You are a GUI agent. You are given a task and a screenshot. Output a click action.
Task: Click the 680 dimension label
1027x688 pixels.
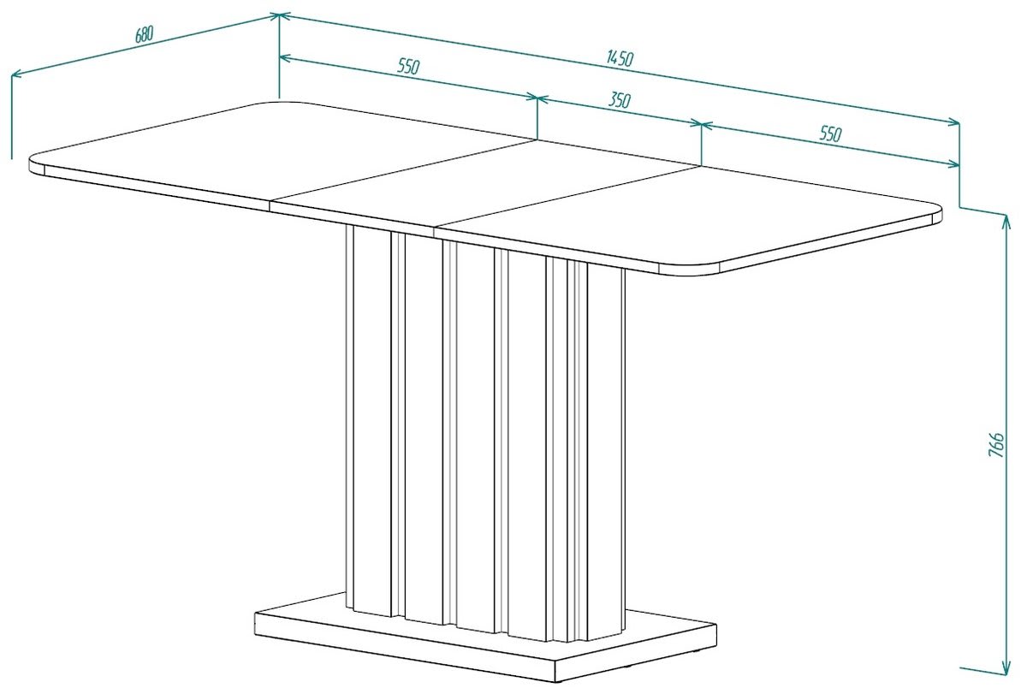(x=144, y=35)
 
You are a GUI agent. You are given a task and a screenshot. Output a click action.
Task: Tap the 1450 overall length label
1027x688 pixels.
(x=620, y=58)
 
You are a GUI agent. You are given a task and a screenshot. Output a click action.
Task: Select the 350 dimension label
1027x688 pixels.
(x=620, y=100)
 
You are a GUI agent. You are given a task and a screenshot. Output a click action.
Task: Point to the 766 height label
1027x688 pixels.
(x=995, y=444)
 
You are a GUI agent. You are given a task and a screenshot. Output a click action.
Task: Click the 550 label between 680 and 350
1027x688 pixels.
(x=408, y=67)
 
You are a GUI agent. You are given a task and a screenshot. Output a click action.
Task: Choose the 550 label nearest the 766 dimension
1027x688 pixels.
(x=831, y=133)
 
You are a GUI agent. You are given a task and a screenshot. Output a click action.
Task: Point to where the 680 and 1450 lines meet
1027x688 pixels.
(x=279, y=16)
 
